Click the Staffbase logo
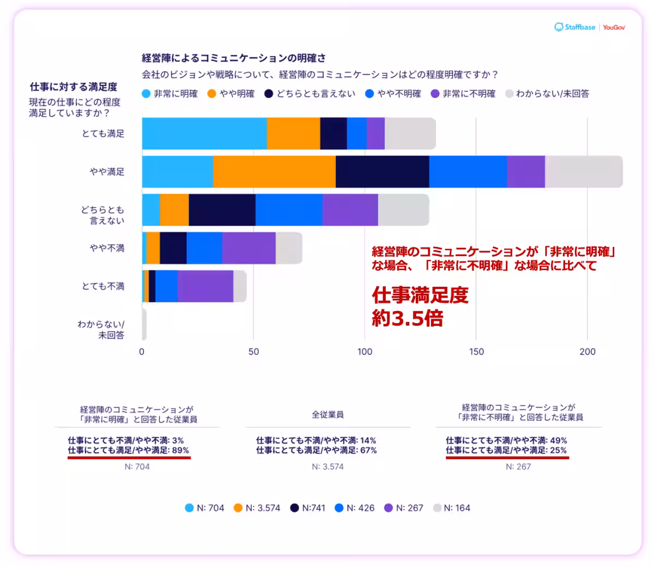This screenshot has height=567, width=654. click(575, 27)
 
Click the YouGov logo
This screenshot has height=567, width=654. click(614, 27)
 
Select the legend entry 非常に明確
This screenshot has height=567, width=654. click(170, 94)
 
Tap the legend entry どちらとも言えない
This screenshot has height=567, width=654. click(310, 94)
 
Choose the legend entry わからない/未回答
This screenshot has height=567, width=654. click(547, 94)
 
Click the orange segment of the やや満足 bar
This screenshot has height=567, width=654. click(274, 172)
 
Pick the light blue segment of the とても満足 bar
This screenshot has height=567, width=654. click(204, 134)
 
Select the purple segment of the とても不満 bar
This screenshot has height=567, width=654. click(205, 286)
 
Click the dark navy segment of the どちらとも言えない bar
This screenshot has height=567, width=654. click(222, 210)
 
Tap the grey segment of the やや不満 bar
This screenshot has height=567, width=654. click(289, 248)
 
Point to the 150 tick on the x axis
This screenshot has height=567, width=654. click(476, 352)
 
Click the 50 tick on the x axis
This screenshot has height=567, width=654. click(253, 352)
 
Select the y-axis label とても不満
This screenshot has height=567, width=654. click(103, 286)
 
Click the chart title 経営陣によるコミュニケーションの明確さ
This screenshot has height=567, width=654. click(234, 58)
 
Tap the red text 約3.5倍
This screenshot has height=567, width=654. click(408, 318)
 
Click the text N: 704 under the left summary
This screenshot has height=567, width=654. click(137, 467)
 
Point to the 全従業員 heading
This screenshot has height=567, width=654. click(328, 415)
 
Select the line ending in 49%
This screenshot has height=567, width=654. click(506, 441)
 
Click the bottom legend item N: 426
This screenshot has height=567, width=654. click(355, 508)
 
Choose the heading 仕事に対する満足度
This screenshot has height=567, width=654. click(74, 87)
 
